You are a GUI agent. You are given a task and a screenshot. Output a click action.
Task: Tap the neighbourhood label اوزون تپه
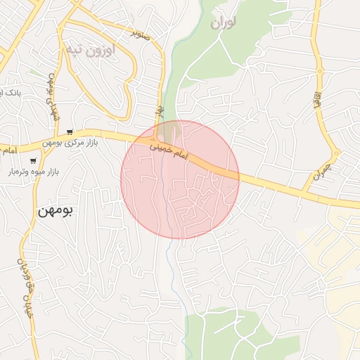tap(94, 50)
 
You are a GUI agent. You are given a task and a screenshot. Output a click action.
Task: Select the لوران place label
tap(223, 22)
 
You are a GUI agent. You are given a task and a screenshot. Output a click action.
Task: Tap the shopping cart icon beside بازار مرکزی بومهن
tap(70, 131)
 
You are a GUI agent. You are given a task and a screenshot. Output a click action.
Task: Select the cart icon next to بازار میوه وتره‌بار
tap(33, 161)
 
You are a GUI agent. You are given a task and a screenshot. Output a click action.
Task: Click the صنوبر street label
tap(145, 32)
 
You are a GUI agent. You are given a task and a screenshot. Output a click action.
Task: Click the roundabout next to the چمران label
tap(336, 153)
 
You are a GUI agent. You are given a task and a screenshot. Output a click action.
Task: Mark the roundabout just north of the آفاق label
tap(319, 71)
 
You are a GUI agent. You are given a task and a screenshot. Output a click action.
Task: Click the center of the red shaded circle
tap(180, 179)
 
